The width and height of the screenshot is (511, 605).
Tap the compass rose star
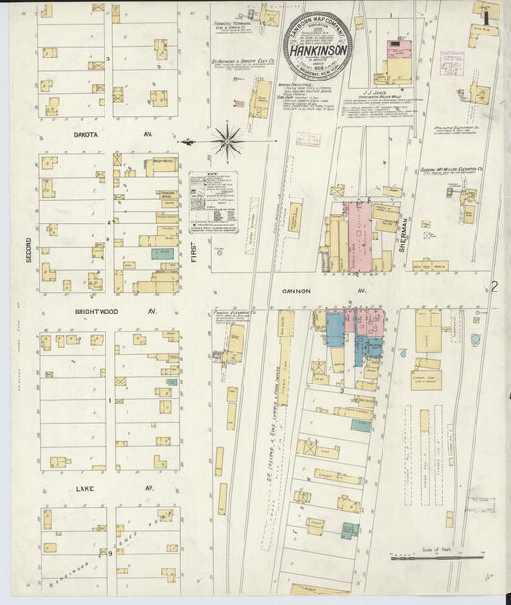227,141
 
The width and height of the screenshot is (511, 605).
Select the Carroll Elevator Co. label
232,313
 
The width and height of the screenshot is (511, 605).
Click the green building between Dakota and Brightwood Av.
160,255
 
